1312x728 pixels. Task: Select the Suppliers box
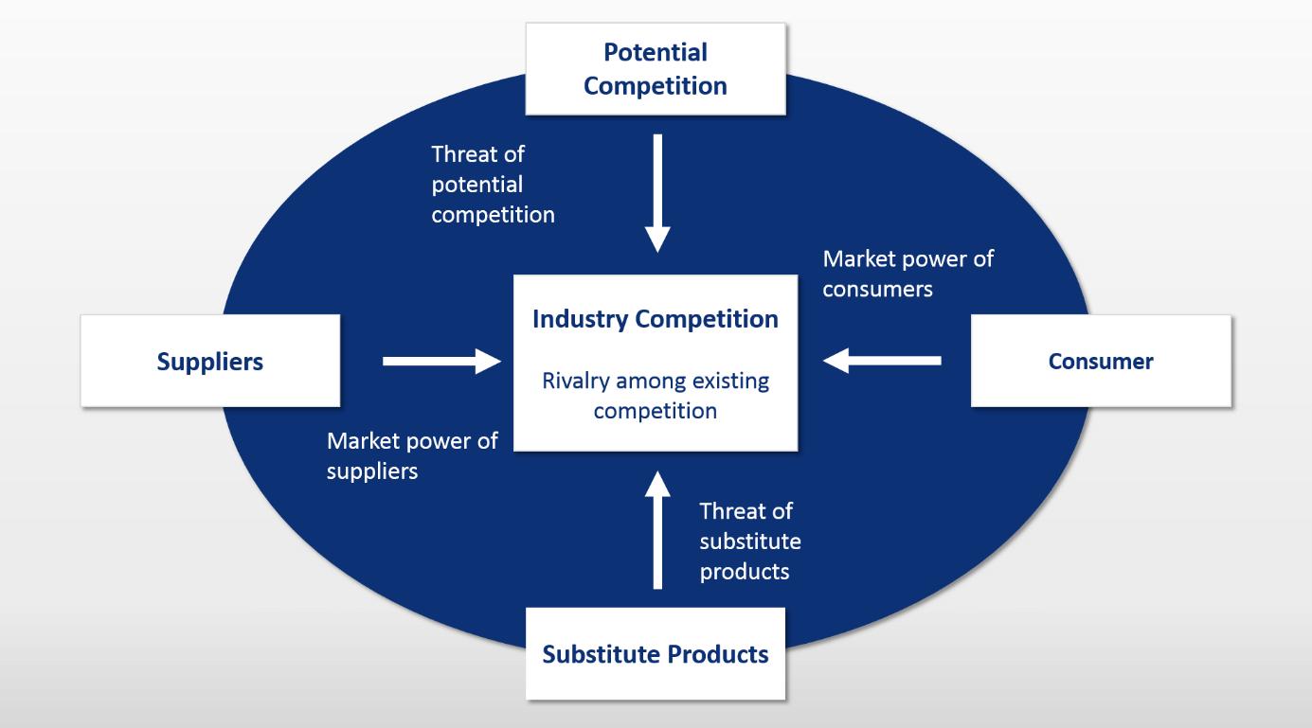[x=210, y=361]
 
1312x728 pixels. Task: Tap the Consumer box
[x=1101, y=361]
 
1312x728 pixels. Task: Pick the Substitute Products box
[x=656, y=654]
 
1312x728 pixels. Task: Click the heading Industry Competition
[x=656, y=319]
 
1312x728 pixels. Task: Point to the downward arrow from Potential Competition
[x=656, y=193]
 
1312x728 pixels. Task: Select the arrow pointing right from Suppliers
[x=441, y=361]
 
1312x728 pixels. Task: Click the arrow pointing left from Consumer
[x=882, y=361]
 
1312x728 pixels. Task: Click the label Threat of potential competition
[x=493, y=185]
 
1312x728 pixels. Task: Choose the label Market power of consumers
[x=908, y=274]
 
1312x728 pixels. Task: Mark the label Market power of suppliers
[x=412, y=455]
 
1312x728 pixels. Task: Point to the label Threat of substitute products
[x=750, y=542]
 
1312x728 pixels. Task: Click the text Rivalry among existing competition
[x=656, y=397]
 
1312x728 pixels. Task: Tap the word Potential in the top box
[x=656, y=51]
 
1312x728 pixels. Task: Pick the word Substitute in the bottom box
[x=601, y=654]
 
